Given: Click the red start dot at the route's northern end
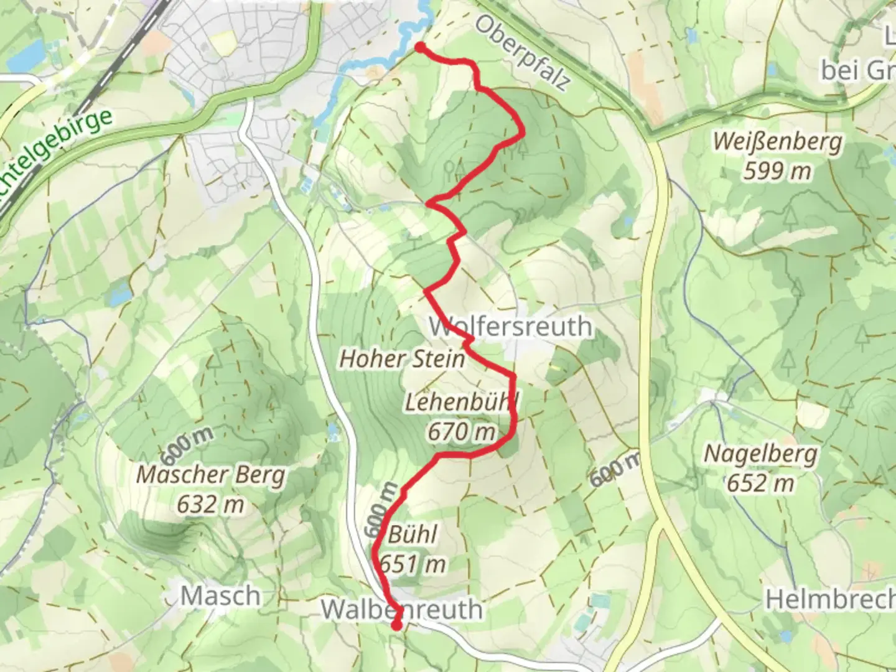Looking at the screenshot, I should [420, 48].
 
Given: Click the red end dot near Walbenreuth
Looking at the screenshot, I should [396, 625].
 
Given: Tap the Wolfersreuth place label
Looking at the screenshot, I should [510, 326].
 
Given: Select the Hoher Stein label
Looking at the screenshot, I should [402, 358].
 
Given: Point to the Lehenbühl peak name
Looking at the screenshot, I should [460, 402].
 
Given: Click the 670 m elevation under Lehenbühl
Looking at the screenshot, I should [461, 431].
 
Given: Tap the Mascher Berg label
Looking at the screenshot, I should [210, 475].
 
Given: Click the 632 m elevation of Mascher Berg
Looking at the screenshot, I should [210, 504].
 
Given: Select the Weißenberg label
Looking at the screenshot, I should [777, 141].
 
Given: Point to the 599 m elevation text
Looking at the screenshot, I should [777, 170].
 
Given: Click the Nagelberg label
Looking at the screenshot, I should [760, 454].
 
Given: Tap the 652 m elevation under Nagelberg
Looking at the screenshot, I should [760, 483].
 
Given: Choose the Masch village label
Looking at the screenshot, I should [220, 596].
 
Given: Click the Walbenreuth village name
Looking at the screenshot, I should [402, 609].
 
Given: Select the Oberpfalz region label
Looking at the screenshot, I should [522, 53].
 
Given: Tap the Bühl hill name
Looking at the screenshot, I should [412, 534].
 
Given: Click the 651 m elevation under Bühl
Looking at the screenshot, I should [412, 564].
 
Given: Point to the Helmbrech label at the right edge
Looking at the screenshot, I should [830, 599].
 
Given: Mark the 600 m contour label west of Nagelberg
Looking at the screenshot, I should [614, 469].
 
